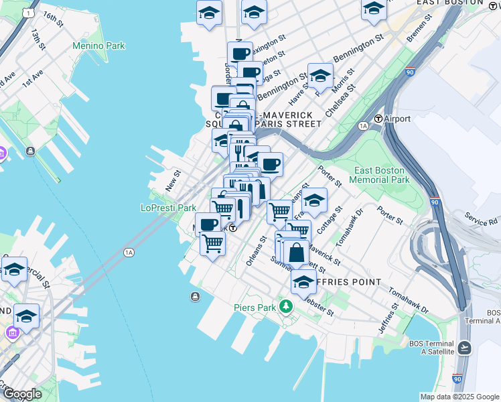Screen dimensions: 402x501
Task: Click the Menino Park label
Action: point(99,46)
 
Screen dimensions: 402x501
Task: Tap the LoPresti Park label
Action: point(168,208)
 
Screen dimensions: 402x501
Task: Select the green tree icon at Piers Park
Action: point(287,306)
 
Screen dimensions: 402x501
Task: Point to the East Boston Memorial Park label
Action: point(382,175)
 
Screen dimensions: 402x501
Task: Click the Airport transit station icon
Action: point(378,119)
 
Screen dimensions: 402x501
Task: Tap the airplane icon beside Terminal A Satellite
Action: point(465,348)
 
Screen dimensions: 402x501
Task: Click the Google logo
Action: point(22,393)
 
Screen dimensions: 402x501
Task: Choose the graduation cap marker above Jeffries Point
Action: point(303,282)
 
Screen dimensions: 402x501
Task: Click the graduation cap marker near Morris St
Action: point(320,76)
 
